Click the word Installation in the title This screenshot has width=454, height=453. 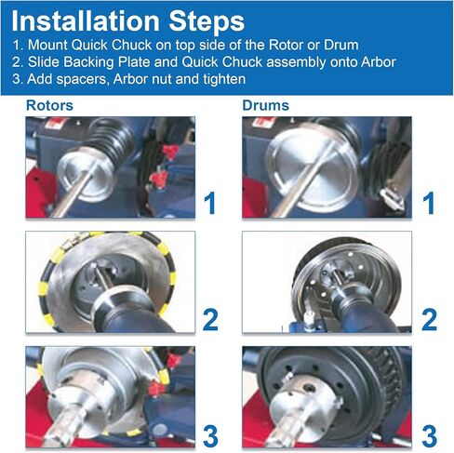click(85, 21)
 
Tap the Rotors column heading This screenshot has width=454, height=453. click(49, 105)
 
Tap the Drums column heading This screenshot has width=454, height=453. click(265, 105)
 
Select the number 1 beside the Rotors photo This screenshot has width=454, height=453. click(210, 203)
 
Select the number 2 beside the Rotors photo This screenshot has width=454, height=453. click(210, 319)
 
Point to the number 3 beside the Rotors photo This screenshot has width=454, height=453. click(210, 436)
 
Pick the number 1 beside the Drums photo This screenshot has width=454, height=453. click(429, 203)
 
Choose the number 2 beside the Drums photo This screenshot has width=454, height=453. click(429, 319)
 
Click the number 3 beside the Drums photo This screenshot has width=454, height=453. click(430, 436)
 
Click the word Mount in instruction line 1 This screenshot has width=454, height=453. click(47, 46)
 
